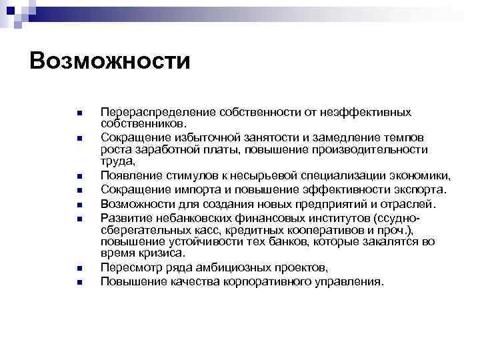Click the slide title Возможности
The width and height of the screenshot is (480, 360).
click(110, 61)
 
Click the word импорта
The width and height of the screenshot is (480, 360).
click(190, 190)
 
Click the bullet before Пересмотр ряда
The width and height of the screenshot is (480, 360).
click(78, 268)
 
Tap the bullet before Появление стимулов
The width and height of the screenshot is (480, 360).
click(78, 177)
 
